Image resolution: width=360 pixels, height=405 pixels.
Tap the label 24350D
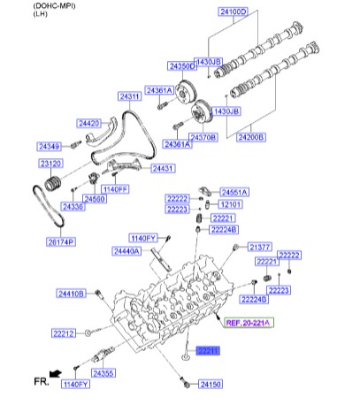182,67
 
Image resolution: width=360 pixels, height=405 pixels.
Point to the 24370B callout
205,138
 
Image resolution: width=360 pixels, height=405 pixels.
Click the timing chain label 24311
130,96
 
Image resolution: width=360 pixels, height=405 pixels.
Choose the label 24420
90,124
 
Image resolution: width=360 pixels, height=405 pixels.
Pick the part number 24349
50,145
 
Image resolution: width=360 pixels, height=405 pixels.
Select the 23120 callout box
50,164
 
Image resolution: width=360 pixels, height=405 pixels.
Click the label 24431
163,168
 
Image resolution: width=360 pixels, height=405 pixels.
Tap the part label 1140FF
115,189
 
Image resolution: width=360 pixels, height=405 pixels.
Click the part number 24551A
234,192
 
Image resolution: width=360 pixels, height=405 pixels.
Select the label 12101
230,204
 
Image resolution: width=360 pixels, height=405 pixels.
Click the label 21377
259,247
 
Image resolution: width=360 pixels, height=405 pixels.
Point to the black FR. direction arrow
56,374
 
